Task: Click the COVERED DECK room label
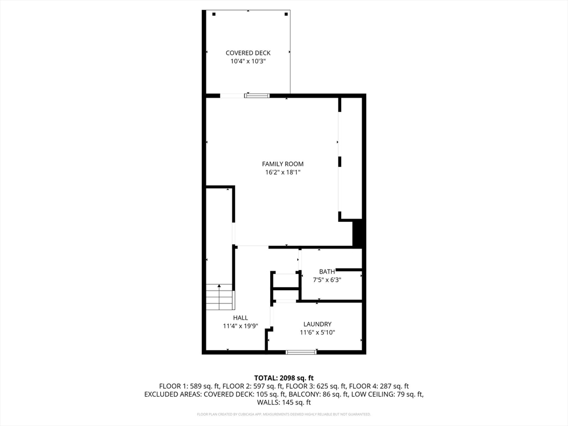[x=248, y=53]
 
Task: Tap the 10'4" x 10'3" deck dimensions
[x=248, y=62]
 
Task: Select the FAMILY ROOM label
[x=283, y=164]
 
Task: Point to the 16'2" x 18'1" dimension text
[x=283, y=173]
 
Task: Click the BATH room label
[x=327, y=272]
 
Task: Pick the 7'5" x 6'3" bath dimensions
[x=326, y=280]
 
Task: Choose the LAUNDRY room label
[x=317, y=324]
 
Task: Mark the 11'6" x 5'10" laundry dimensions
[x=317, y=333]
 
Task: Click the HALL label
[x=240, y=318]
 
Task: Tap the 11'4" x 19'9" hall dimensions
[x=240, y=326]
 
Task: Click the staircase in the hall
[x=219, y=297]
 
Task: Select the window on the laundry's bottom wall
[x=301, y=352]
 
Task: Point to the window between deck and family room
[x=257, y=96]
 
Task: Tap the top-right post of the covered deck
[x=286, y=14]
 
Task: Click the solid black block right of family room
[x=358, y=233]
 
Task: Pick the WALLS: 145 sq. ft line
[x=284, y=403]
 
